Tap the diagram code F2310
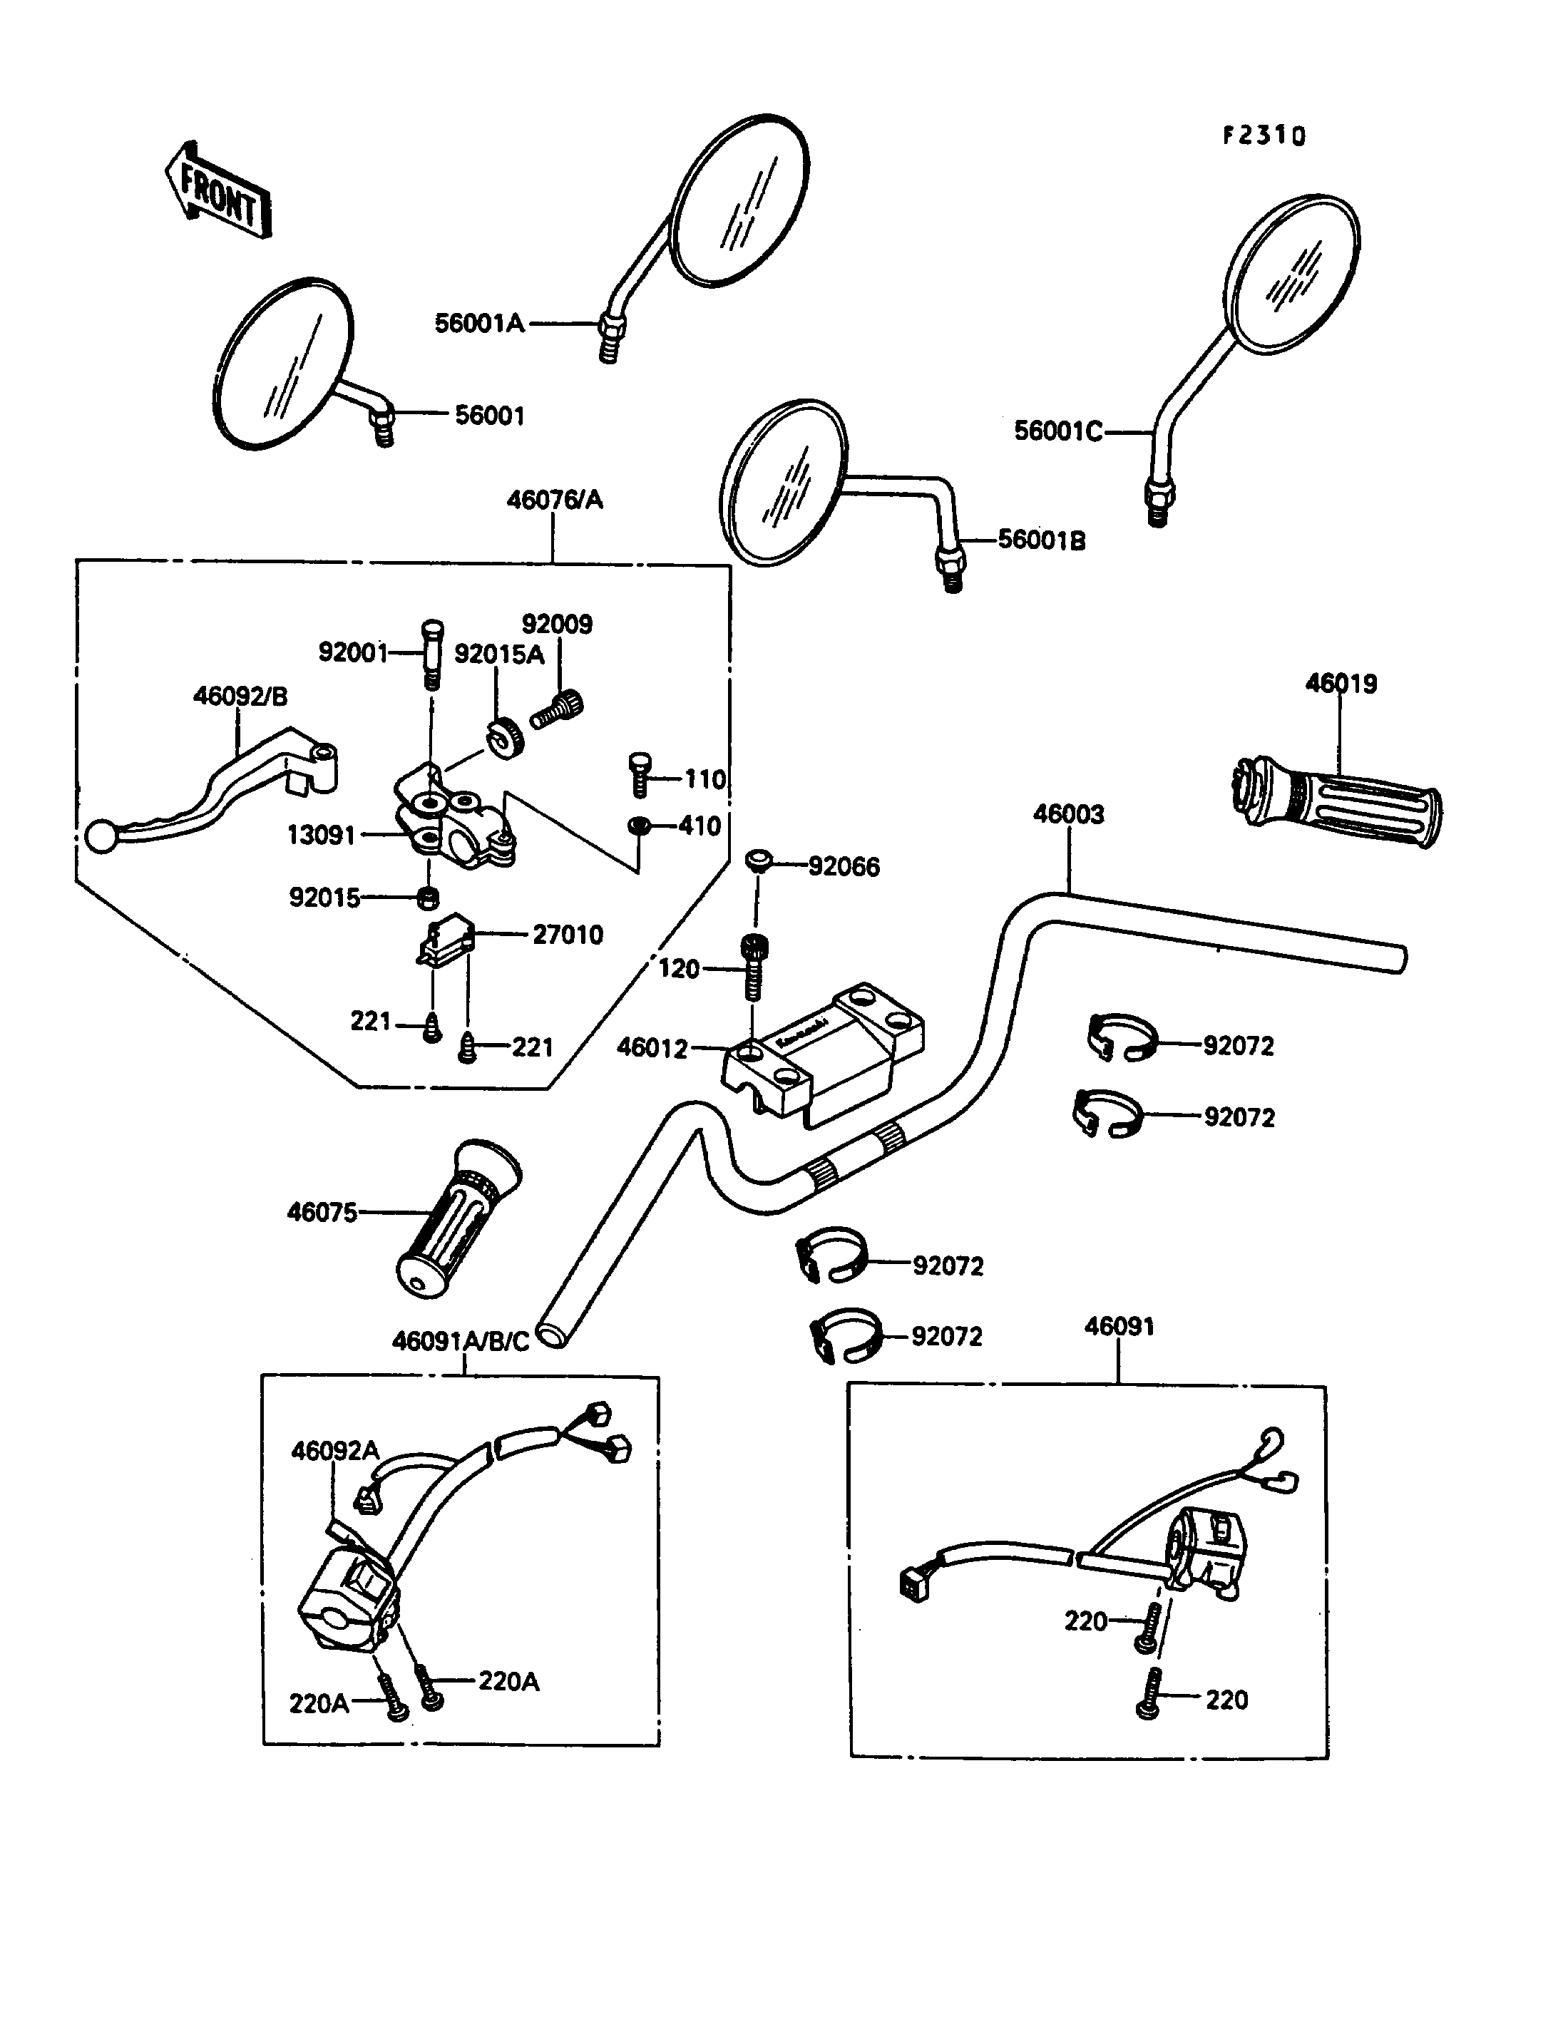pyautogui.click(x=1264, y=136)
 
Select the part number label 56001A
pyautogui.click(x=479, y=324)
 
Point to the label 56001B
pyautogui.click(x=1041, y=540)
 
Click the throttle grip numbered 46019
pyautogui.click(x=1337, y=802)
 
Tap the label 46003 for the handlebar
pyautogui.click(x=1068, y=814)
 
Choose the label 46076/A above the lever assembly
pyautogui.click(x=555, y=500)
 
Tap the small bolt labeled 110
pyautogui.click(x=639, y=774)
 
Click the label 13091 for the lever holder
pyautogui.click(x=321, y=836)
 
